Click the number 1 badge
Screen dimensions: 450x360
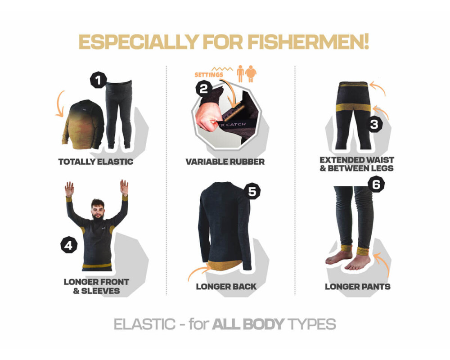[x=99, y=80]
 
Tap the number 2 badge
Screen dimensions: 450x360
[x=204, y=88]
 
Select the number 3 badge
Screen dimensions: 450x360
[x=374, y=124]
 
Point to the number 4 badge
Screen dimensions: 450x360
[x=68, y=245]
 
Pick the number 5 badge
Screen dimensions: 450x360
[x=252, y=192]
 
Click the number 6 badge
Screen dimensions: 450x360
[x=376, y=184]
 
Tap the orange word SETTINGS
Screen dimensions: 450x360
[x=209, y=75]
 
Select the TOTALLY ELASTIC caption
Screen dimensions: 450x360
[x=95, y=162]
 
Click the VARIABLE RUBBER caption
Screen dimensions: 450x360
[x=225, y=162]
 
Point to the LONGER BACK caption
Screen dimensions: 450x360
[x=226, y=287]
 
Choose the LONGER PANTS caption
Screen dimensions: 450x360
[x=358, y=287]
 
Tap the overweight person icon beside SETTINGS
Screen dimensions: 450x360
[x=251, y=73]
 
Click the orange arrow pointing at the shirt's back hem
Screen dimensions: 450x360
[x=198, y=272]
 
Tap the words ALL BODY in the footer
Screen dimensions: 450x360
[x=248, y=324]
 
